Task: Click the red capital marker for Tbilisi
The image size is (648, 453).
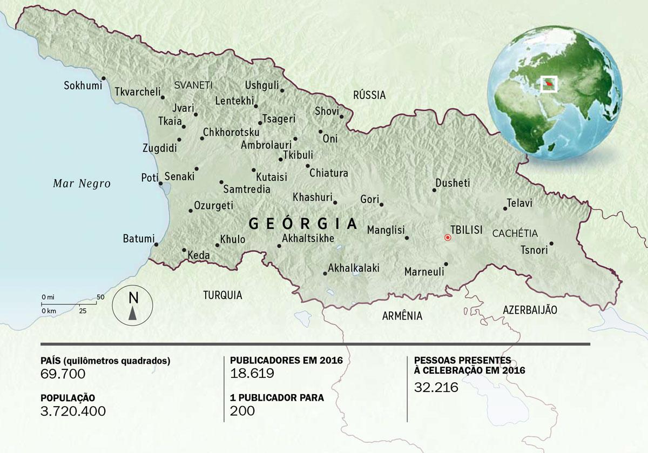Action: pyautogui.click(x=447, y=238)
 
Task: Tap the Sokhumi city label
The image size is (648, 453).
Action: pyautogui.click(x=83, y=86)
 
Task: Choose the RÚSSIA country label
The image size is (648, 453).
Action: pyautogui.click(x=369, y=96)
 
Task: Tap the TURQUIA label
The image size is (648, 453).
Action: pyautogui.click(x=222, y=295)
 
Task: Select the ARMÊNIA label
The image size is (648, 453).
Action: pyautogui.click(x=402, y=316)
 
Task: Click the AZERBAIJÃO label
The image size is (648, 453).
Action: pyautogui.click(x=530, y=310)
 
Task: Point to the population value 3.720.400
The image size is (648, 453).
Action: pyautogui.click(x=73, y=411)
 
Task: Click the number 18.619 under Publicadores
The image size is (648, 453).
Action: pyautogui.click(x=252, y=374)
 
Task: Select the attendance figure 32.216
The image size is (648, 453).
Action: pyautogui.click(x=436, y=387)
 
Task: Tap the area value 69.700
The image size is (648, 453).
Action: pyautogui.click(x=63, y=374)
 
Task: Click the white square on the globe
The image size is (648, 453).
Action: pyautogui.click(x=549, y=84)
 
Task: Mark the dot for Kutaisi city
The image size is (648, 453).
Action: pyautogui.click(x=254, y=170)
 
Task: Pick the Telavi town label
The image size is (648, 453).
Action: pyautogui.click(x=519, y=204)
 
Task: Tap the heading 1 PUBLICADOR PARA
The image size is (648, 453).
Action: pyautogui.click(x=276, y=398)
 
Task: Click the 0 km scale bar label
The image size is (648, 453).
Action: pyautogui.click(x=49, y=311)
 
